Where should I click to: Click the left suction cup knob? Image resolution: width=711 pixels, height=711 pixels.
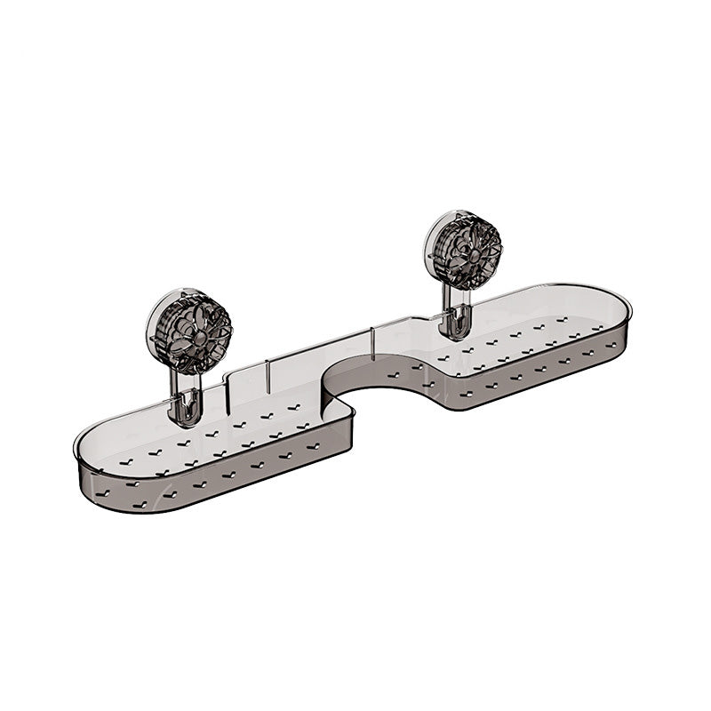[188, 331]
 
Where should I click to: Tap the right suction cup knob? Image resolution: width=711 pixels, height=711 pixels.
[463, 251]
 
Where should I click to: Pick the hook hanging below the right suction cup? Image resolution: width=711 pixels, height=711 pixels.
[455, 325]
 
